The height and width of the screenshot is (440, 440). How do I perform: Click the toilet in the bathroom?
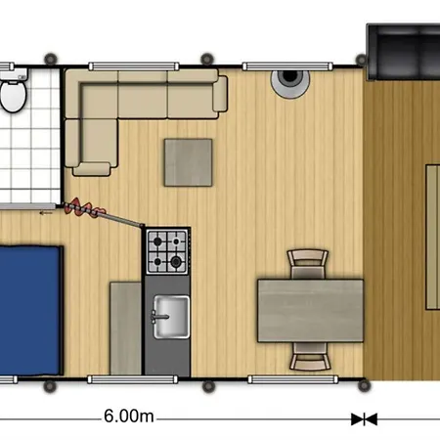13,97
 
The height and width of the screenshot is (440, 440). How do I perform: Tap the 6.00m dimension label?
128,417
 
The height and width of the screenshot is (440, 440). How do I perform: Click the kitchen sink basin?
169,315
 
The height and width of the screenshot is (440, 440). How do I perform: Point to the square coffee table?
188,162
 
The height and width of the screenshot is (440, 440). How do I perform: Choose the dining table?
309,310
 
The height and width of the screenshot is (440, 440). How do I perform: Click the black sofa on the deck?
403,54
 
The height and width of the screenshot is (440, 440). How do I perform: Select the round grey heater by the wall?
292,82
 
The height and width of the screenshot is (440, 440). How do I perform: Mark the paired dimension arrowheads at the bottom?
364,418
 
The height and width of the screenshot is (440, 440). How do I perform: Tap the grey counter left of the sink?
125,328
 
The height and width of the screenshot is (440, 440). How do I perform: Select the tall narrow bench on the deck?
431,230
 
